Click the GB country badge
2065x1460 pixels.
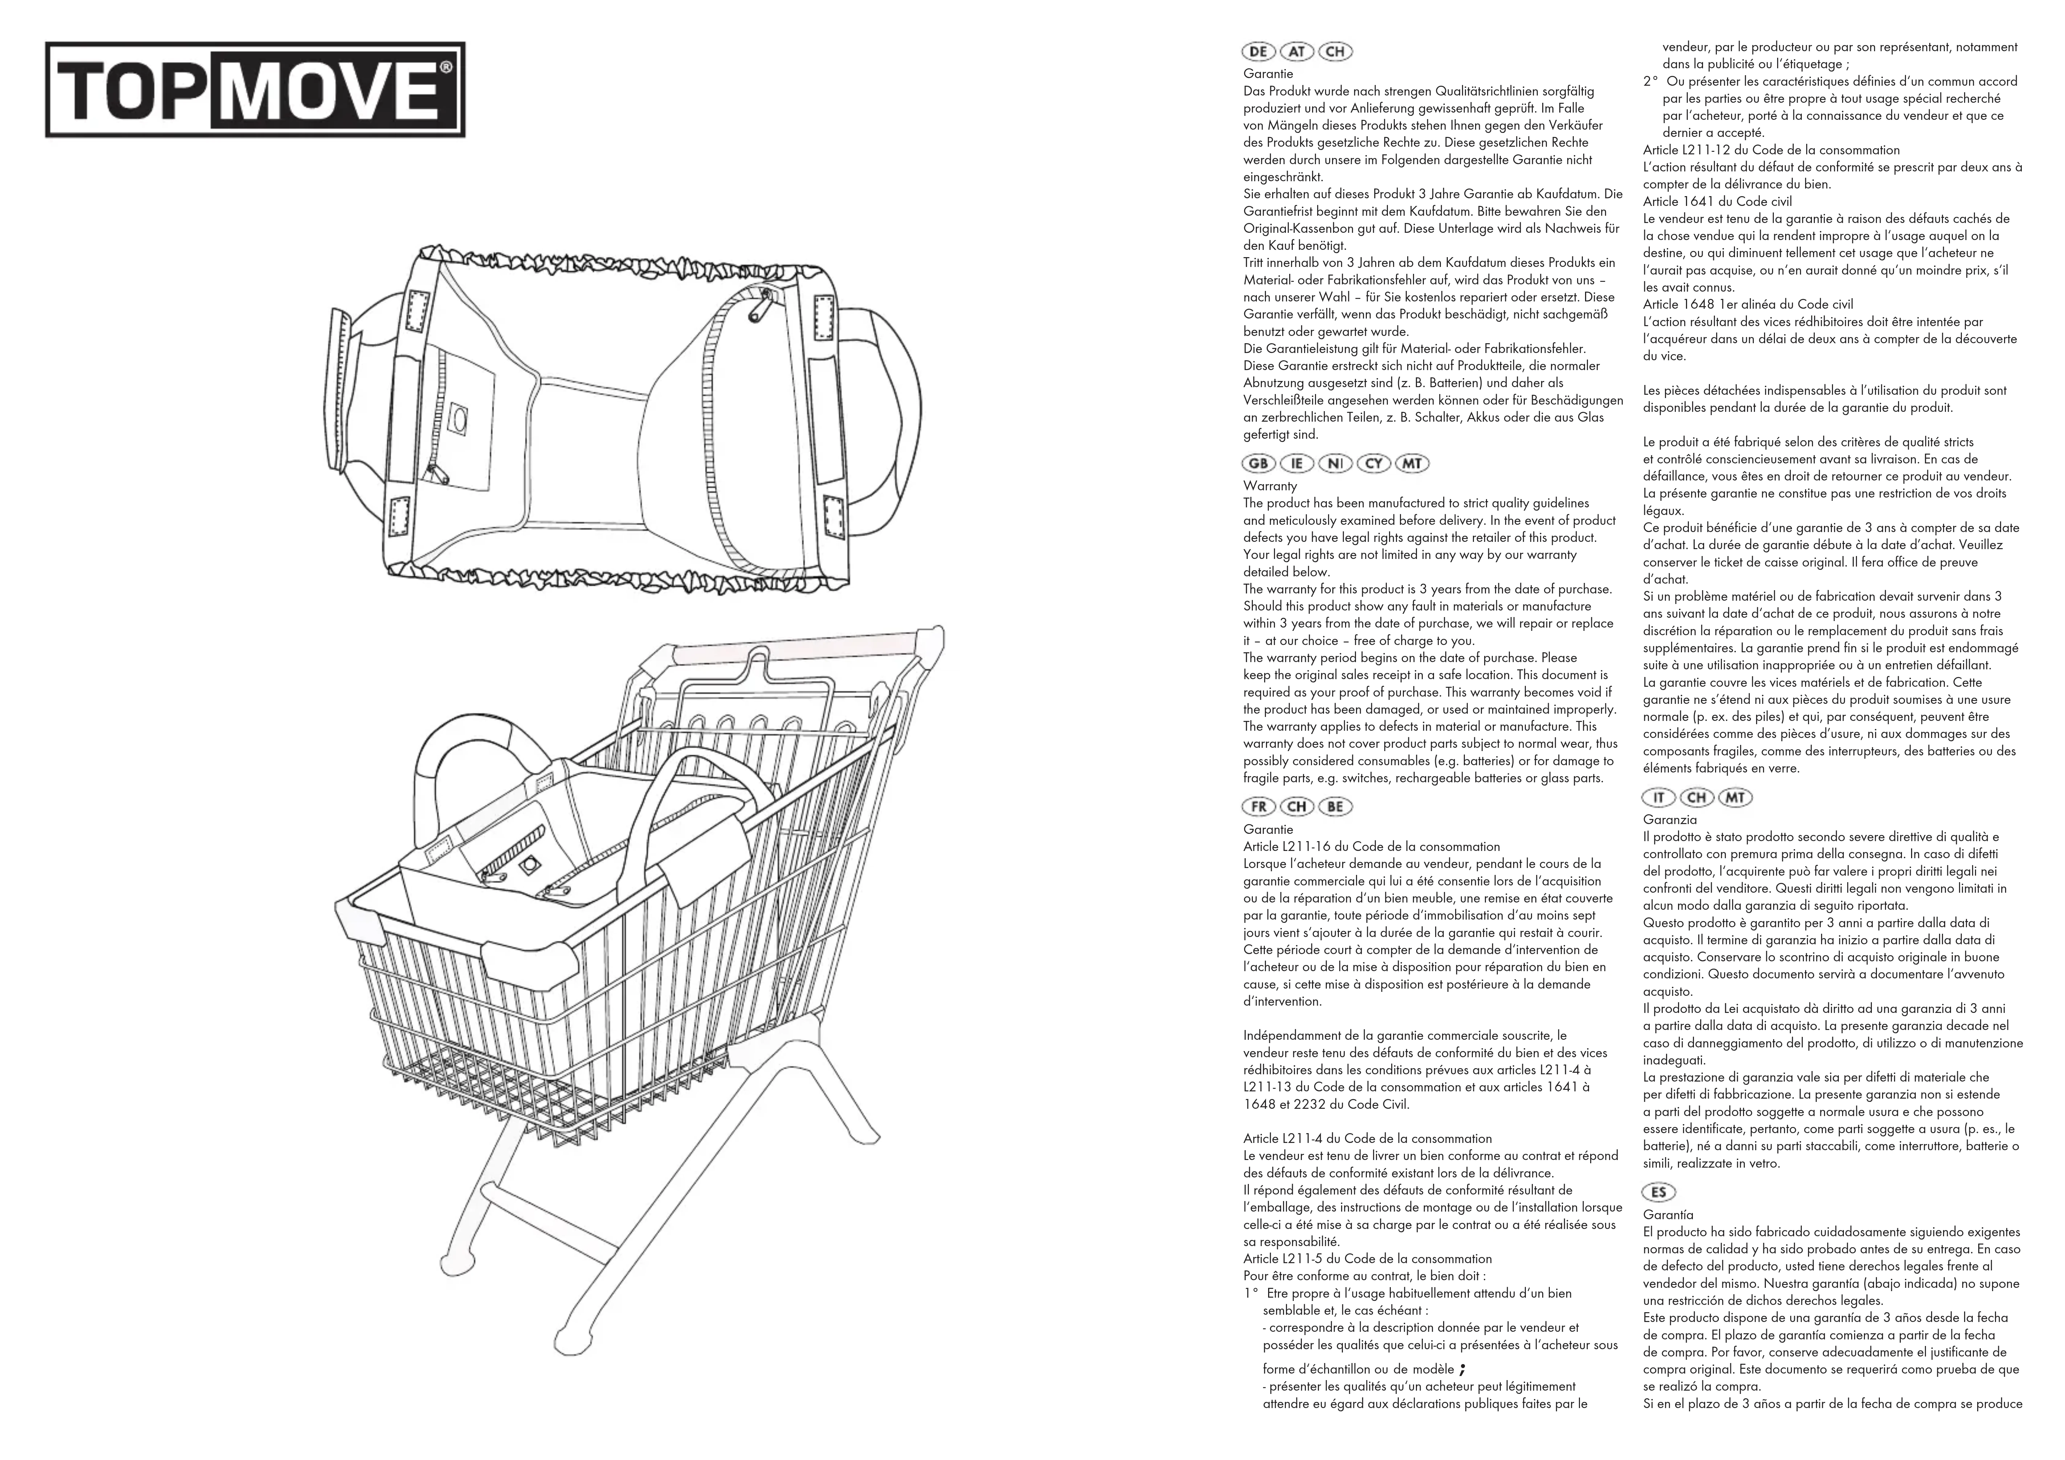click(x=1259, y=463)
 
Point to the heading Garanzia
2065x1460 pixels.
click(x=1670, y=819)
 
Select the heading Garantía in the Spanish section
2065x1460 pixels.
click(x=1668, y=1214)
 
